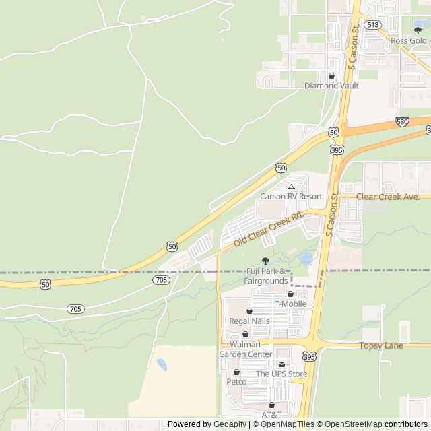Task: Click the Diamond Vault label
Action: tap(331, 86)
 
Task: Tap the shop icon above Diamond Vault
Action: tap(331, 76)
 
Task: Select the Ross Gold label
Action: tap(410, 40)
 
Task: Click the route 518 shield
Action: tap(372, 24)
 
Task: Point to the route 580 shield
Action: tap(402, 122)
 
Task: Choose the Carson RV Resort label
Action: tap(291, 196)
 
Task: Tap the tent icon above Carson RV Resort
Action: tap(291, 187)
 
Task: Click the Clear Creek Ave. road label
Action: tap(388, 197)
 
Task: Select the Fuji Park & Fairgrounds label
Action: tap(266, 275)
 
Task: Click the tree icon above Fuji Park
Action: tap(265, 261)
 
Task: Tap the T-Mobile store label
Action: tap(290, 304)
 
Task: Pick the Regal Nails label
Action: tap(249, 321)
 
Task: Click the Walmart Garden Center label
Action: tap(245, 350)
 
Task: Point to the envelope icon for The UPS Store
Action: tap(281, 364)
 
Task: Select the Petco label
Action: tap(236, 382)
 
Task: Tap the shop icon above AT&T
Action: tap(271, 405)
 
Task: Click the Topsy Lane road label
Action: tap(380, 345)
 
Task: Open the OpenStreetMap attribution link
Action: tap(350, 424)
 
